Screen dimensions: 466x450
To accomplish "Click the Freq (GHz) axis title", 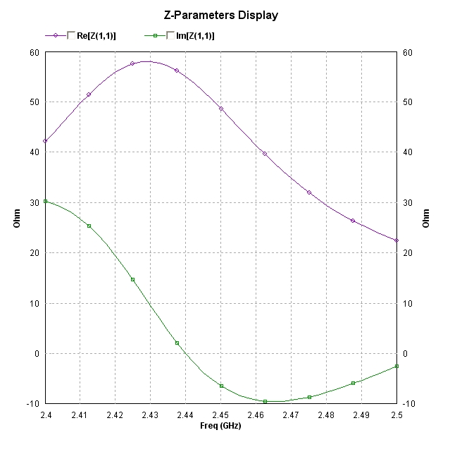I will point(220,425).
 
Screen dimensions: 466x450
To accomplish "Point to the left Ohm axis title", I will point(17,218).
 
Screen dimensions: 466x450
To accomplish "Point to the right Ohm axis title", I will point(426,218).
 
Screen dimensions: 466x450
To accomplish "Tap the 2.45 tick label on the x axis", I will point(220,415).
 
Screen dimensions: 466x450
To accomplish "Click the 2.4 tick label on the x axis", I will point(45,415).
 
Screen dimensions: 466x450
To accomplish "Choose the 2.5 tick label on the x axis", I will point(396,415).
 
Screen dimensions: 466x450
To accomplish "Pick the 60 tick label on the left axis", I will point(33,52).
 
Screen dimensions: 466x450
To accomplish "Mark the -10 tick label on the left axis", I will point(31,404).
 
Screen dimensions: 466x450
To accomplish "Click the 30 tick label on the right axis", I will point(406,203).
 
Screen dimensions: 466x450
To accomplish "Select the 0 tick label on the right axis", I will point(404,354).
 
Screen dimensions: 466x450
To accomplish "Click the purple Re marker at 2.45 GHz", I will point(221,109).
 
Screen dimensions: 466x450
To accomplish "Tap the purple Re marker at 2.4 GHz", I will point(45,141).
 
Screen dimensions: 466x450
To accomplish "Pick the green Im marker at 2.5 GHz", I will point(396,366).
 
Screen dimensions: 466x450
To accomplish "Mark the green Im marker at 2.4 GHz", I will point(45,201).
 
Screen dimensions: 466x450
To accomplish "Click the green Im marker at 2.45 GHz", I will point(221,386).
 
